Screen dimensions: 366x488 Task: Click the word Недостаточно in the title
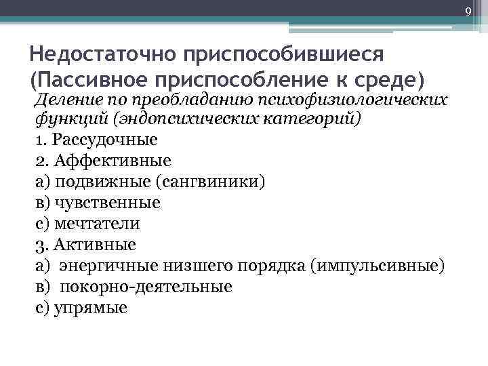pyautogui.click(x=102, y=54)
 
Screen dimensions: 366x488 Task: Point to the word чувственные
pyautogui.click(x=108, y=203)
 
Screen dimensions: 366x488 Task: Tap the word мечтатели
pyautogui.click(x=98, y=223)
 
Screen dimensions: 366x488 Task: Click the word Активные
pyautogui.click(x=95, y=244)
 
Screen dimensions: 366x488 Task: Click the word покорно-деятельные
pyautogui.click(x=146, y=286)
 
